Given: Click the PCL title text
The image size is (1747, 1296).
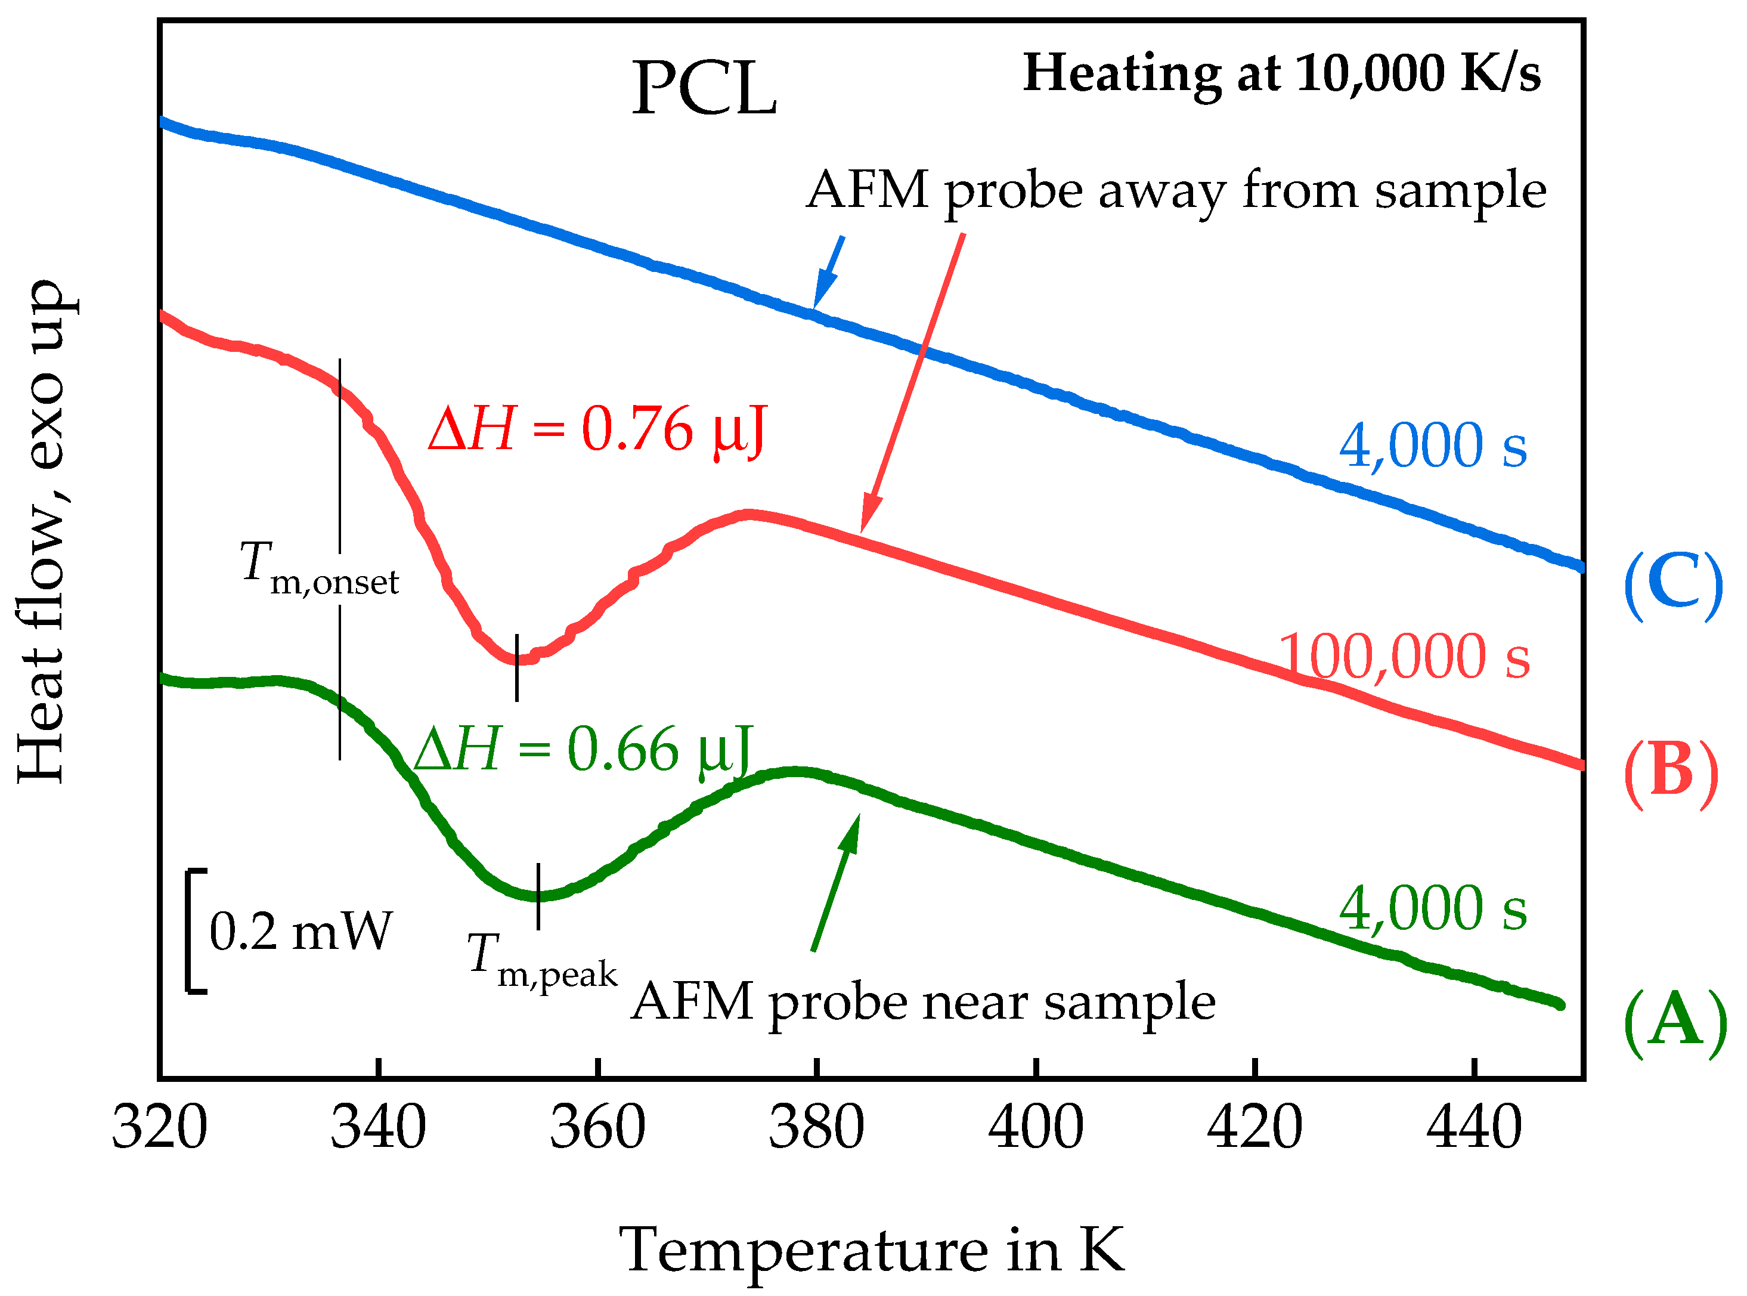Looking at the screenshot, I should [704, 89].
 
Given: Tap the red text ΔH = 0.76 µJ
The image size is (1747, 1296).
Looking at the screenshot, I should [596, 430].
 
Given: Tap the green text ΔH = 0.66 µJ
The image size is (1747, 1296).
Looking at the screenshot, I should [583, 750].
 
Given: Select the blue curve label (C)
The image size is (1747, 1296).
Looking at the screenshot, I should [1672, 584].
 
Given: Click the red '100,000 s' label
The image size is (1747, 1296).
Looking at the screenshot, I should [1404, 657].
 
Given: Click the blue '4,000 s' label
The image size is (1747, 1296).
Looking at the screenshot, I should [1433, 446].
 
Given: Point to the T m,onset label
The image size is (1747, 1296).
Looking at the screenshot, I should [318, 569].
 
